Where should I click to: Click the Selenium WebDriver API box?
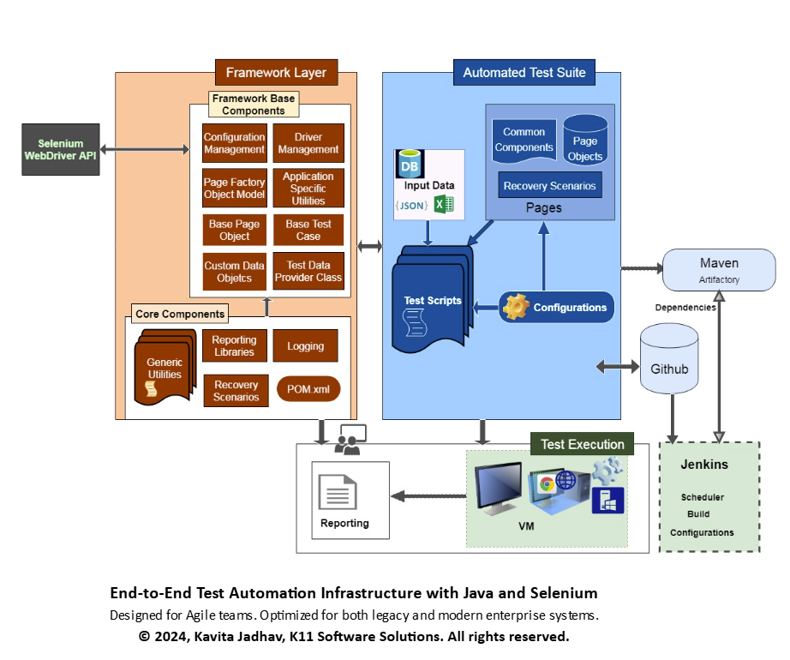(x=61, y=150)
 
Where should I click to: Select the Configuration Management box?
(x=234, y=143)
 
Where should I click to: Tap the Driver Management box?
(x=308, y=143)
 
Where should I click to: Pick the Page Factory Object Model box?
(x=234, y=188)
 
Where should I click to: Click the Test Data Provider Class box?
(x=308, y=272)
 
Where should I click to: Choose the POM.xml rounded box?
(x=308, y=390)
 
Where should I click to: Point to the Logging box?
(x=306, y=346)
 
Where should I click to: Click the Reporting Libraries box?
(x=234, y=346)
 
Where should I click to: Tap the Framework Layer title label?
(x=276, y=72)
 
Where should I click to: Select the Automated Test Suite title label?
(x=524, y=73)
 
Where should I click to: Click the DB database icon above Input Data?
(x=410, y=165)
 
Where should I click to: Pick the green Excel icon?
(x=443, y=205)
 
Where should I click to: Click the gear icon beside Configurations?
(x=516, y=307)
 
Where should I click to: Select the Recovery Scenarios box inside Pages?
(x=549, y=186)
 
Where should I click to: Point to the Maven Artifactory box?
(x=719, y=269)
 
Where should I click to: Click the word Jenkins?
(x=703, y=465)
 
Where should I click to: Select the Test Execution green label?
(x=583, y=444)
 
